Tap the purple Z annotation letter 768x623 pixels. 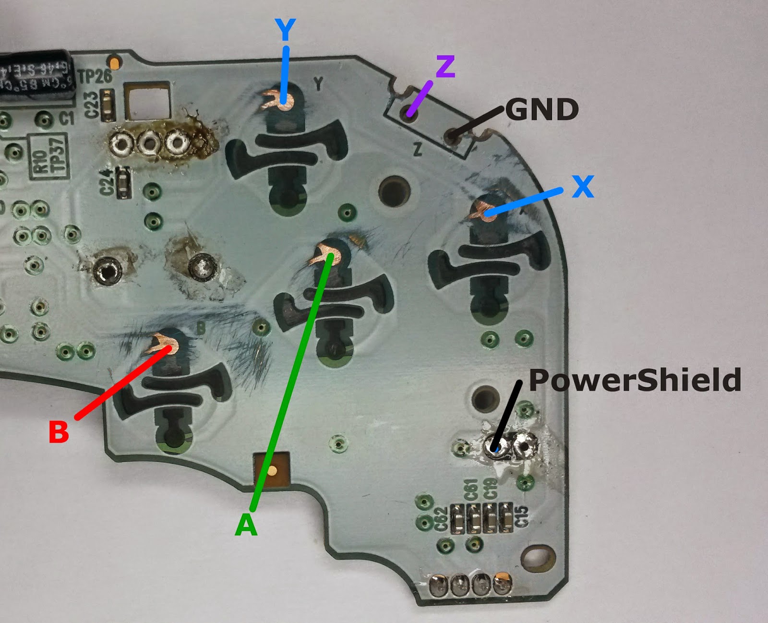click(445, 67)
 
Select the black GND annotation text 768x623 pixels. click(542, 109)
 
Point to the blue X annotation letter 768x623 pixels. click(583, 186)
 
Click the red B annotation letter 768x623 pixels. click(59, 431)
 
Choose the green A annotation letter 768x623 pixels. click(246, 525)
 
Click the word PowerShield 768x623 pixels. click(635, 380)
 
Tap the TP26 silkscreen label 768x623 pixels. click(95, 76)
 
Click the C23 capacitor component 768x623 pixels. click(108, 105)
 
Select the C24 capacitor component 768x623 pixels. click(124, 182)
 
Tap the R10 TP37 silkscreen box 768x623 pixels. click(48, 157)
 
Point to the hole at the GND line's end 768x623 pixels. click(451, 137)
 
